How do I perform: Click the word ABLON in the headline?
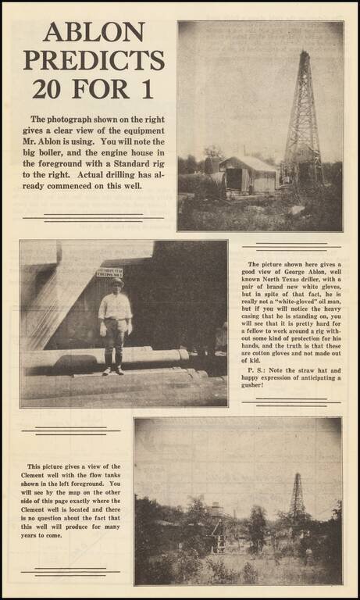click(94, 32)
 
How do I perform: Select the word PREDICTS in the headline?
click(94, 60)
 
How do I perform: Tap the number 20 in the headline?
click(57, 88)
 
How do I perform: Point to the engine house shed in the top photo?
click(248, 174)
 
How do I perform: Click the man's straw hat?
click(116, 282)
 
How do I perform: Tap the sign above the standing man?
click(109, 273)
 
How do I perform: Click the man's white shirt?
click(116, 307)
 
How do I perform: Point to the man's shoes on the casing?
click(113, 370)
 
